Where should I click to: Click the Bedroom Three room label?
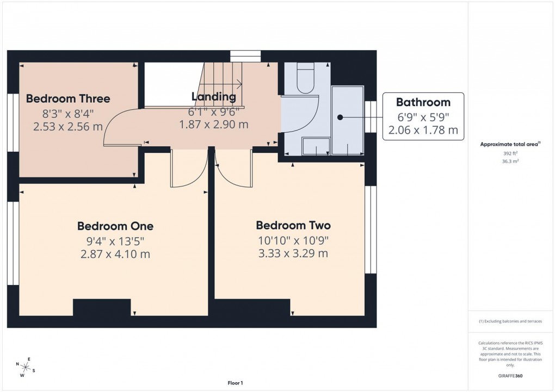point(68,98)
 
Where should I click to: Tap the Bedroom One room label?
point(115,226)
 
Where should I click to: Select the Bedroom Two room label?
point(293,225)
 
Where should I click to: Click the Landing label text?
point(213,97)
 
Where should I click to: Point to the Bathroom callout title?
point(423,102)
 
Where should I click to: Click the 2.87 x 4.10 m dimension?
point(115,254)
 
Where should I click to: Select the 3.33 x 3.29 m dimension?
point(293,253)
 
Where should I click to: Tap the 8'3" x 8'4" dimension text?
point(68,114)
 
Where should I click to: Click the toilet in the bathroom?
point(305,79)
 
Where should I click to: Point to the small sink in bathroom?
point(316,146)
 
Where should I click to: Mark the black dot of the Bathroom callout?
point(340,117)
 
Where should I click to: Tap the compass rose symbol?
point(26,367)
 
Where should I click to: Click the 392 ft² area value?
point(510,153)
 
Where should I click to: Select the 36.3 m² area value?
point(510,161)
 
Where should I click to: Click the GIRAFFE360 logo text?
point(510,376)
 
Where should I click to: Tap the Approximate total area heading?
point(509,144)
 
